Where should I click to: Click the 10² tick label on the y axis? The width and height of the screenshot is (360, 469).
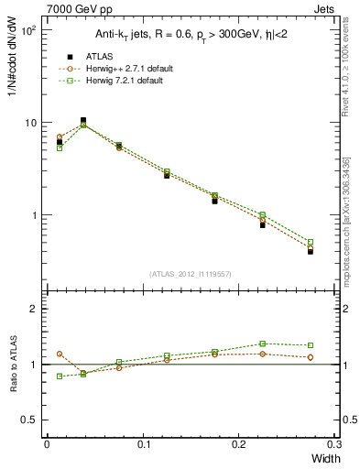point(27,30)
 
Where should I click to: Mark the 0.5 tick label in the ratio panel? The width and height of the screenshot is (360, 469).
point(29,420)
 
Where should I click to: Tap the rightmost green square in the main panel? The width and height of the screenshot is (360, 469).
point(311,243)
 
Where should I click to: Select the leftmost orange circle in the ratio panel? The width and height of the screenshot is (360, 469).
point(60,354)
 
